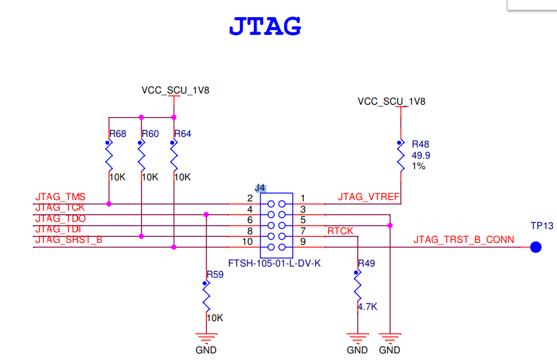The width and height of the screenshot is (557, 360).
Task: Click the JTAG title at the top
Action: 265,26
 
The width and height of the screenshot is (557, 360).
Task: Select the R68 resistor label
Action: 118,134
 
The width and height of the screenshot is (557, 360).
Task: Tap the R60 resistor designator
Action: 151,134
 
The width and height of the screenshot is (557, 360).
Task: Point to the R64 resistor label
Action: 183,134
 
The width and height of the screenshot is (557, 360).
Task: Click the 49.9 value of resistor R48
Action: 421,155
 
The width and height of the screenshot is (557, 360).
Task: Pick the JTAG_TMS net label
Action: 61,197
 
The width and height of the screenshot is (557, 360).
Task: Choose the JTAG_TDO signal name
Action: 61,218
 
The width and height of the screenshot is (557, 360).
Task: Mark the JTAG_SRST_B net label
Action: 68,240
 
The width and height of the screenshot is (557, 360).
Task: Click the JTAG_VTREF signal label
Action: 368,197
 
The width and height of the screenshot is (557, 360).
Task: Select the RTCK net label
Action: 340,230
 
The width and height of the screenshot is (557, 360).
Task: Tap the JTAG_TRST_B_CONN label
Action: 464,240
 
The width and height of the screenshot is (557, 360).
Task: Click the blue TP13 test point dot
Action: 536,247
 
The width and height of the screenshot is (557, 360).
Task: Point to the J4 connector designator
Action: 260,188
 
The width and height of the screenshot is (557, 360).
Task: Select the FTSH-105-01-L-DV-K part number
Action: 274,263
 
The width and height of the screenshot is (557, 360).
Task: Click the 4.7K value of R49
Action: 367,307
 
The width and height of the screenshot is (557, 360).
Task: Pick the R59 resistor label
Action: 215,274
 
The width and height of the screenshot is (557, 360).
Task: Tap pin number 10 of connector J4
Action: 248,242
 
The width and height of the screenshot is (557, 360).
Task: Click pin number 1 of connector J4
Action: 303,197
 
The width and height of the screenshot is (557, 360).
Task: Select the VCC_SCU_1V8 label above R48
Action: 391,101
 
